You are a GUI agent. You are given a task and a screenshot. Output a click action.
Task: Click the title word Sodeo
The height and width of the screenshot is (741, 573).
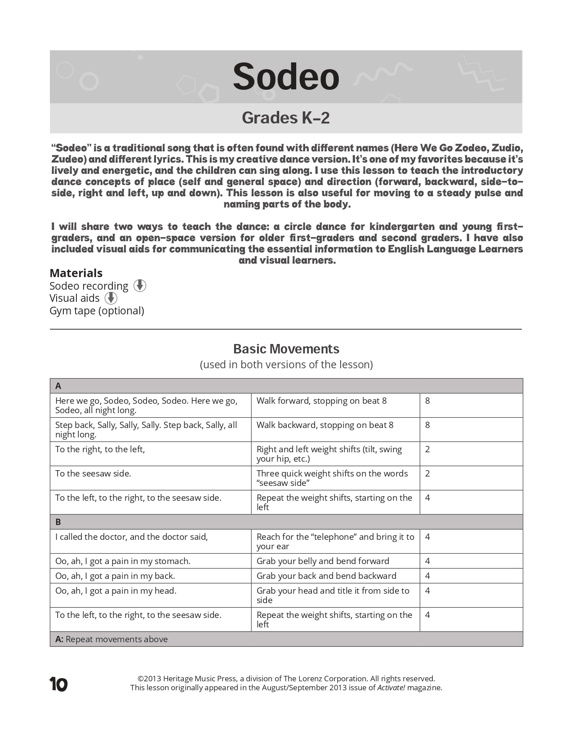click(286, 77)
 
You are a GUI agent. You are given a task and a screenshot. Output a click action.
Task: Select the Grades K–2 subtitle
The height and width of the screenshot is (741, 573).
click(286, 118)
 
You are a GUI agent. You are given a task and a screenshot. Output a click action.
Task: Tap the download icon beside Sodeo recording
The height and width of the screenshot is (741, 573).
click(140, 286)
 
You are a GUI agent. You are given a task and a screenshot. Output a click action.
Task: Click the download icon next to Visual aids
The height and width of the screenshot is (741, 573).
click(111, 298)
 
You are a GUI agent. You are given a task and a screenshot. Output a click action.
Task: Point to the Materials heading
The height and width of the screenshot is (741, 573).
click(76, 273)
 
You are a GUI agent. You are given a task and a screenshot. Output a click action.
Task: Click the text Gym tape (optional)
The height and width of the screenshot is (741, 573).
click(97, 311)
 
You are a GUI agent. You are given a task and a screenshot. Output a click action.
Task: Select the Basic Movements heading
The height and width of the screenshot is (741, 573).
click(286, 349)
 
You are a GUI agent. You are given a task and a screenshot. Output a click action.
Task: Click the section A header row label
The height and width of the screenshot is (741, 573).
click(58, 386)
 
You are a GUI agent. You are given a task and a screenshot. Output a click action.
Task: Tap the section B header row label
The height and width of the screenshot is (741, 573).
click(58, 522)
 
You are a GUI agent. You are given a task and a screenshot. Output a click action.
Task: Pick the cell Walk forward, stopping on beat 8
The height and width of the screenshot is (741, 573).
click(322, 401)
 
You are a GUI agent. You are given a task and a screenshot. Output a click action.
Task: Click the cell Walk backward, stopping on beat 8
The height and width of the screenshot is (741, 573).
click(325, 425)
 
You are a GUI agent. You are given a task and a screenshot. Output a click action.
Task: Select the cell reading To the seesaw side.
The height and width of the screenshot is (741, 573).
click(93, 473)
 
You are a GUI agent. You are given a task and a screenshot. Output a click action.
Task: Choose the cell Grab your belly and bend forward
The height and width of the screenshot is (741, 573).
click(323, 561)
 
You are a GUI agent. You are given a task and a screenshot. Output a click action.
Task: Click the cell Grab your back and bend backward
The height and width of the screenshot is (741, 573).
click(326, 576)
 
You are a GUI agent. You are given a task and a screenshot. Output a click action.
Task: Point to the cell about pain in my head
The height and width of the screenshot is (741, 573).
click(116, 591)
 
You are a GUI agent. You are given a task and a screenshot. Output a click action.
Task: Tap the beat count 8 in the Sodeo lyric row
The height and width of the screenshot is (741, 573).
click(427, 401)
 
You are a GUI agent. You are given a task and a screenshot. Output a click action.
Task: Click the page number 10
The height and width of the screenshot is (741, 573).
click(58, 685)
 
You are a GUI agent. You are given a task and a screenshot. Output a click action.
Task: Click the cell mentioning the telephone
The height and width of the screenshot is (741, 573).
click(335, 541)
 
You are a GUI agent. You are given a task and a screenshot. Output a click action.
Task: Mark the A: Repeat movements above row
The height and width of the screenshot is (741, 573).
click(111, 639)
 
